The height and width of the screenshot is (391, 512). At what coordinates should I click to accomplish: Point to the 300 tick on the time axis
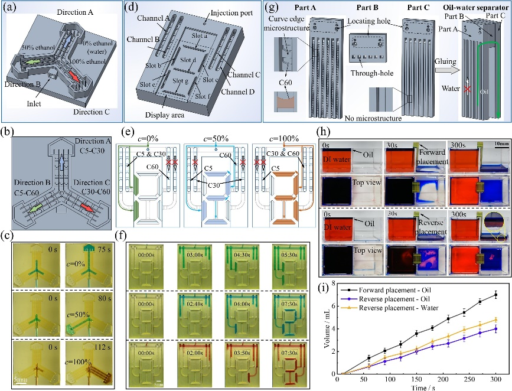pyautogui.click(x=495, y=379)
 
